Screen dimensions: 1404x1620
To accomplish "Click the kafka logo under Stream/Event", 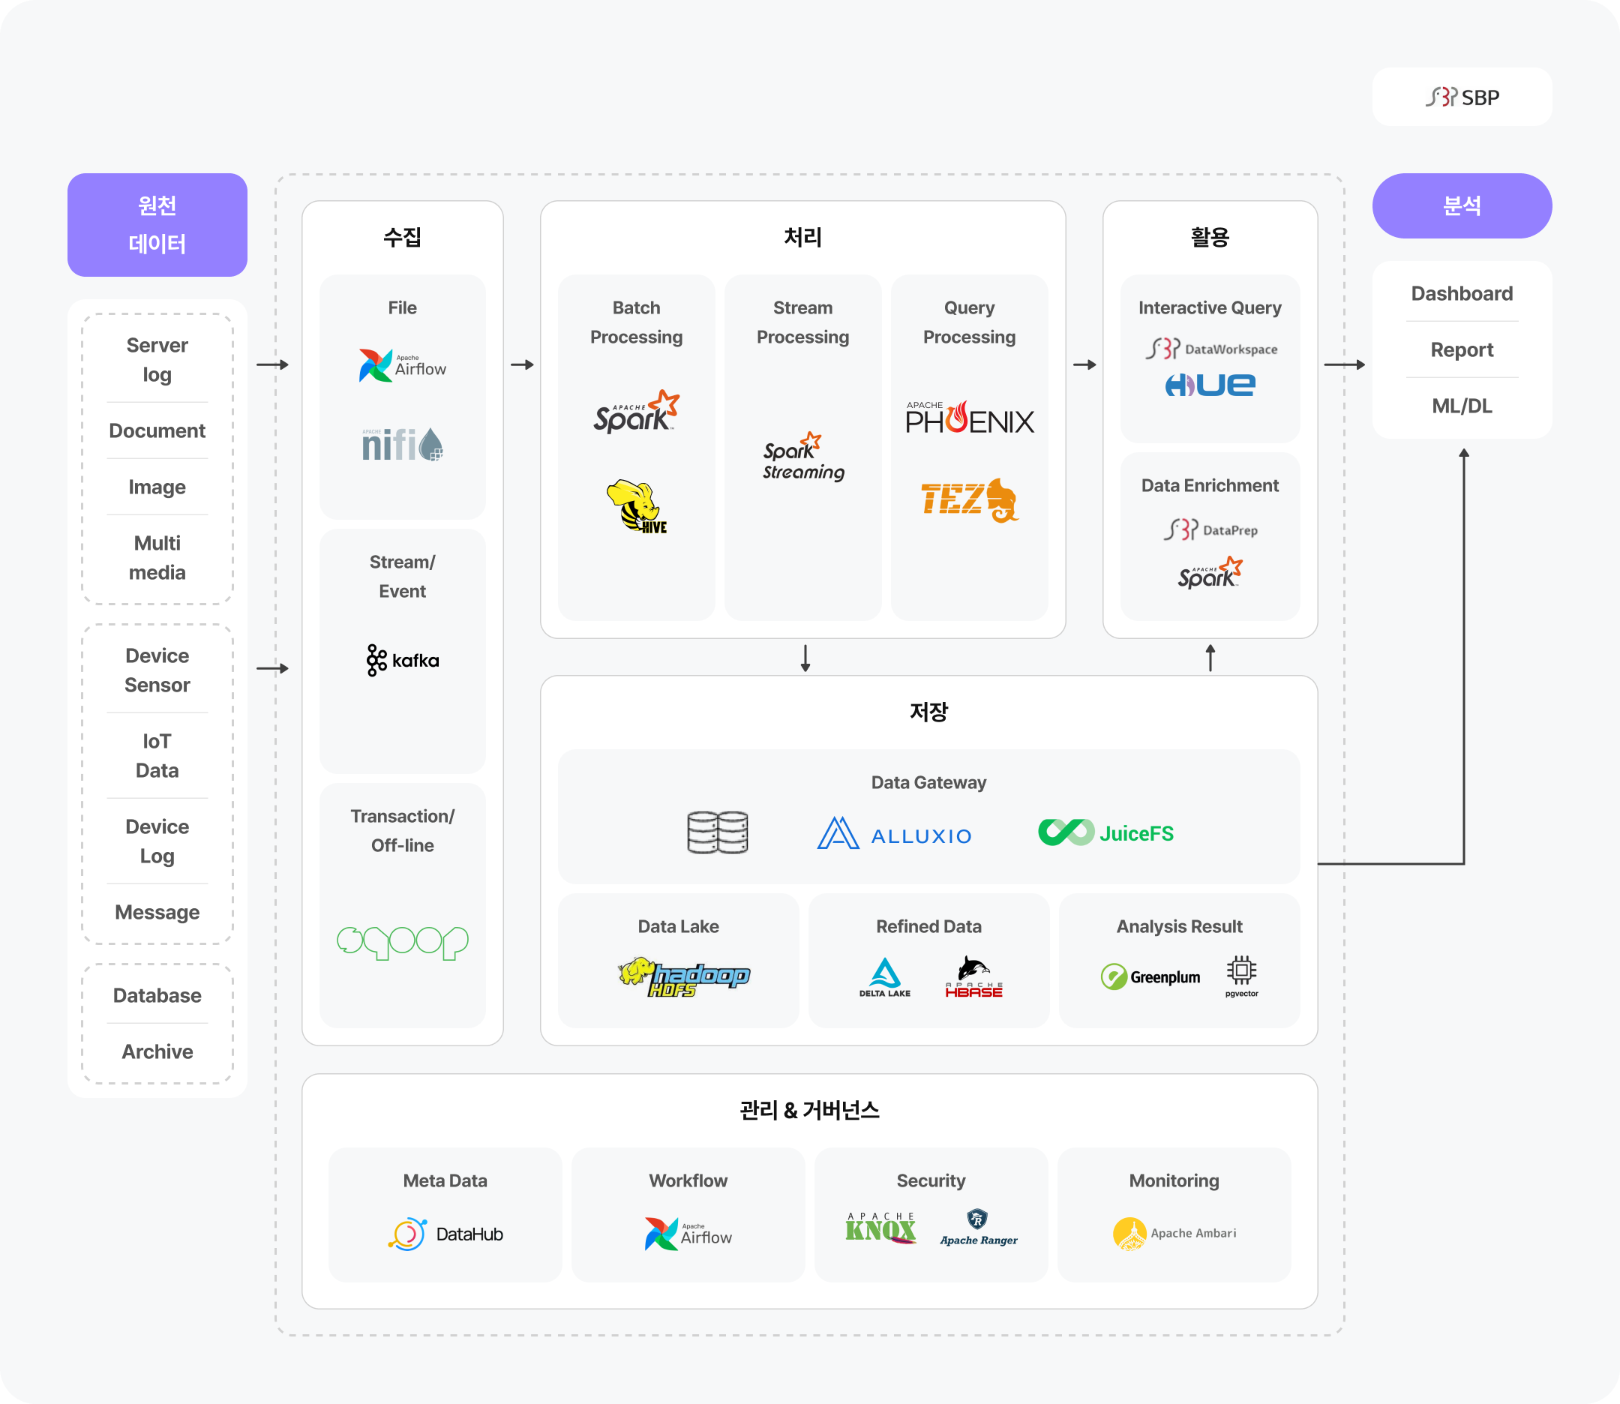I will click(x=403, y=661).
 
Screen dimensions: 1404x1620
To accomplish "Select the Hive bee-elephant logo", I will click(x=636, y=507).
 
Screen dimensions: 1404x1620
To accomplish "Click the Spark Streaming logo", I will click(x=803, y=457).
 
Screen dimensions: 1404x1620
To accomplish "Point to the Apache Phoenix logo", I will click(x=969, y=418).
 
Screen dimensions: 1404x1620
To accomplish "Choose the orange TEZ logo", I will click(x=969, y=499).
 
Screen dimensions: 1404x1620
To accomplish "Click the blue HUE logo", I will click(x=1210, y=385).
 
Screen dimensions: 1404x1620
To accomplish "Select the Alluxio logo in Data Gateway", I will click(x=894, y=834).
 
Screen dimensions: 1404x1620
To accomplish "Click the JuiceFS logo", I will click(x=1105, y=832).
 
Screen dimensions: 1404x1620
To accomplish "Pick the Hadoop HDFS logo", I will click(x=683, y=976).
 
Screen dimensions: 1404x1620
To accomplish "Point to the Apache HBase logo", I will click(x=973, y=977).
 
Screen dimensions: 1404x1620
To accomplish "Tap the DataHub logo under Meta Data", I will click(x=445, y=1234).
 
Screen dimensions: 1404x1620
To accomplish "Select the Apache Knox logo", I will click(x=880, y=1228).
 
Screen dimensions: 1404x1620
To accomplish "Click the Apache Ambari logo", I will click(x=1174, y=1234).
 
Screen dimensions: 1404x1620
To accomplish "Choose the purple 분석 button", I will click(x=1462, y=206).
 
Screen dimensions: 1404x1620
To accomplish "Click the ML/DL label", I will click(x=1462, y=406).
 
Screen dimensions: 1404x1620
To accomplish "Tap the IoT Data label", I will click(x=157, y=755).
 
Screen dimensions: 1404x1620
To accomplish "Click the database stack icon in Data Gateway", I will click(x=718, y=832).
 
